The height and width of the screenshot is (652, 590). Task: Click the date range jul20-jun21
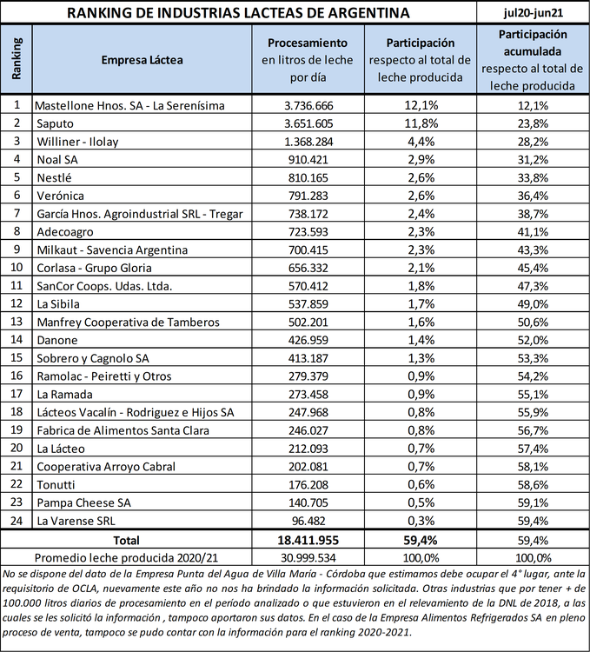coord(533,13)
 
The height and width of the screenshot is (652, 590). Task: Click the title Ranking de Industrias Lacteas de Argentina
coord(239,13)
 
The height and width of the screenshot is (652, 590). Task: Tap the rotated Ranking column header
coord(17,59)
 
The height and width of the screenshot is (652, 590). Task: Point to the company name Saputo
coord(56,123)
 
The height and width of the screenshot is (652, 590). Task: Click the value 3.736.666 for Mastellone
coord(308,105)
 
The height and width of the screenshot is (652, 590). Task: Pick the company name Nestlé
coord(54,177)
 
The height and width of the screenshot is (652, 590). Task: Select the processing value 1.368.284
coord(308,142)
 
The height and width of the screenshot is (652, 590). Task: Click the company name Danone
coord(57,340)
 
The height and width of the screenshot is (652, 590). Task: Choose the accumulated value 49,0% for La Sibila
coord(533,303)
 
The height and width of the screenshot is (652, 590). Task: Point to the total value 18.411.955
coord(308,539)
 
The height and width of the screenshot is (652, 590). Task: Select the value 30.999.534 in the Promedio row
coord(308,556)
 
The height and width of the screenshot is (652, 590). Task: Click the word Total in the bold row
coord(126,539)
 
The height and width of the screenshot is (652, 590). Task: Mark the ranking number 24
coord(17,521)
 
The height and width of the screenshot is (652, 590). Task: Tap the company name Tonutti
coord(56,484)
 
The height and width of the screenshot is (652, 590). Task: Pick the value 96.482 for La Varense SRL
coord(308,521)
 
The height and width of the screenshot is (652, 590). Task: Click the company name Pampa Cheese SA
coord(83,502)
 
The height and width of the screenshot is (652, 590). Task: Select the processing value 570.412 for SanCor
coord(308,286)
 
